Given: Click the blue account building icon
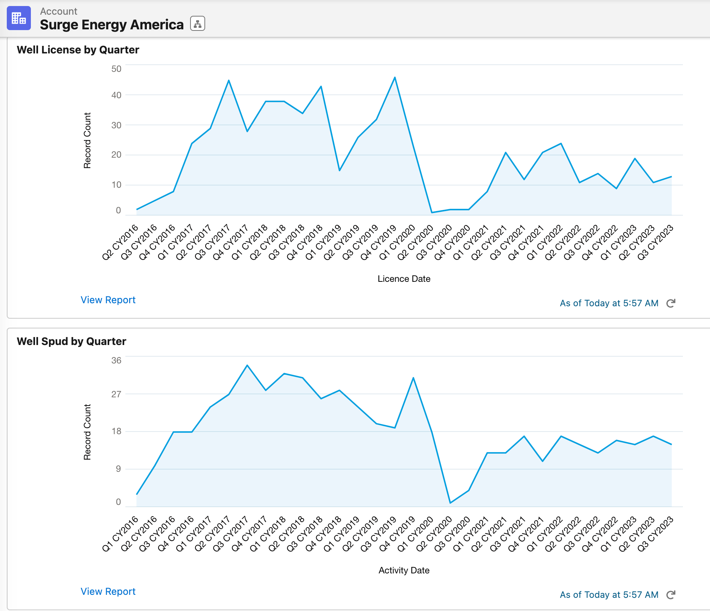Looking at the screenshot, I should [19, 18].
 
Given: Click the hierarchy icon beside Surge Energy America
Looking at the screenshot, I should [198, 24].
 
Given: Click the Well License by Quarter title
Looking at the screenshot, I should [78, 50].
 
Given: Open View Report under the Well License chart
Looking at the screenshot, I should [108, 300].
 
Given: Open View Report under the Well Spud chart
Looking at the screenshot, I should [108, 591].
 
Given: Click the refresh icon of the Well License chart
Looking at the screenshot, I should [671, 303].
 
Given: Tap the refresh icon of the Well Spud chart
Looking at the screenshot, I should [671, 595].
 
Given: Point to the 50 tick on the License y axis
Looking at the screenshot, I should [116, 69].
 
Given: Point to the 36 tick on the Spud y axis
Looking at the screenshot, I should [116, 360].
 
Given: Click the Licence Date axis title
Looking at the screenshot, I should [404, 279].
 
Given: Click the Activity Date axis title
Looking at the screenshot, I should [404, 570].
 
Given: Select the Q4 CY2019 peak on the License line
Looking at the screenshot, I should [395, 78].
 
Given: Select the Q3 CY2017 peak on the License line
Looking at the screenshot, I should [229, 81].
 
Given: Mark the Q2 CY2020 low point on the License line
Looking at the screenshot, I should [432, 213].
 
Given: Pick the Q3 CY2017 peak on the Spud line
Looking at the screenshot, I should [247, 365].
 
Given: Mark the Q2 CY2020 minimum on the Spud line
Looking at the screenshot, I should [450, 503].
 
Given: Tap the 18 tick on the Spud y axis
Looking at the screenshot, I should [116, 431].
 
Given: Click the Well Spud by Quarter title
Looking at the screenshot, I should [72, 341].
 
